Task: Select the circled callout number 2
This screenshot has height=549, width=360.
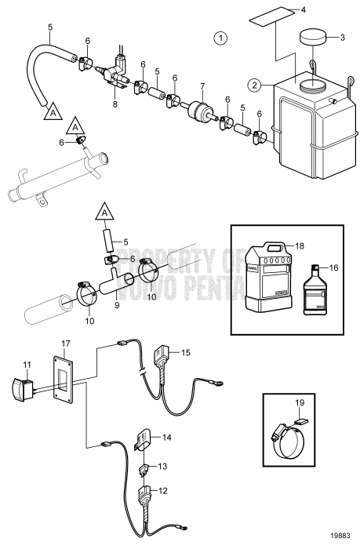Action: [x=255, y=85]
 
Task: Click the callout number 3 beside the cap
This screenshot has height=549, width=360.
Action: [x=342, y=36]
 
